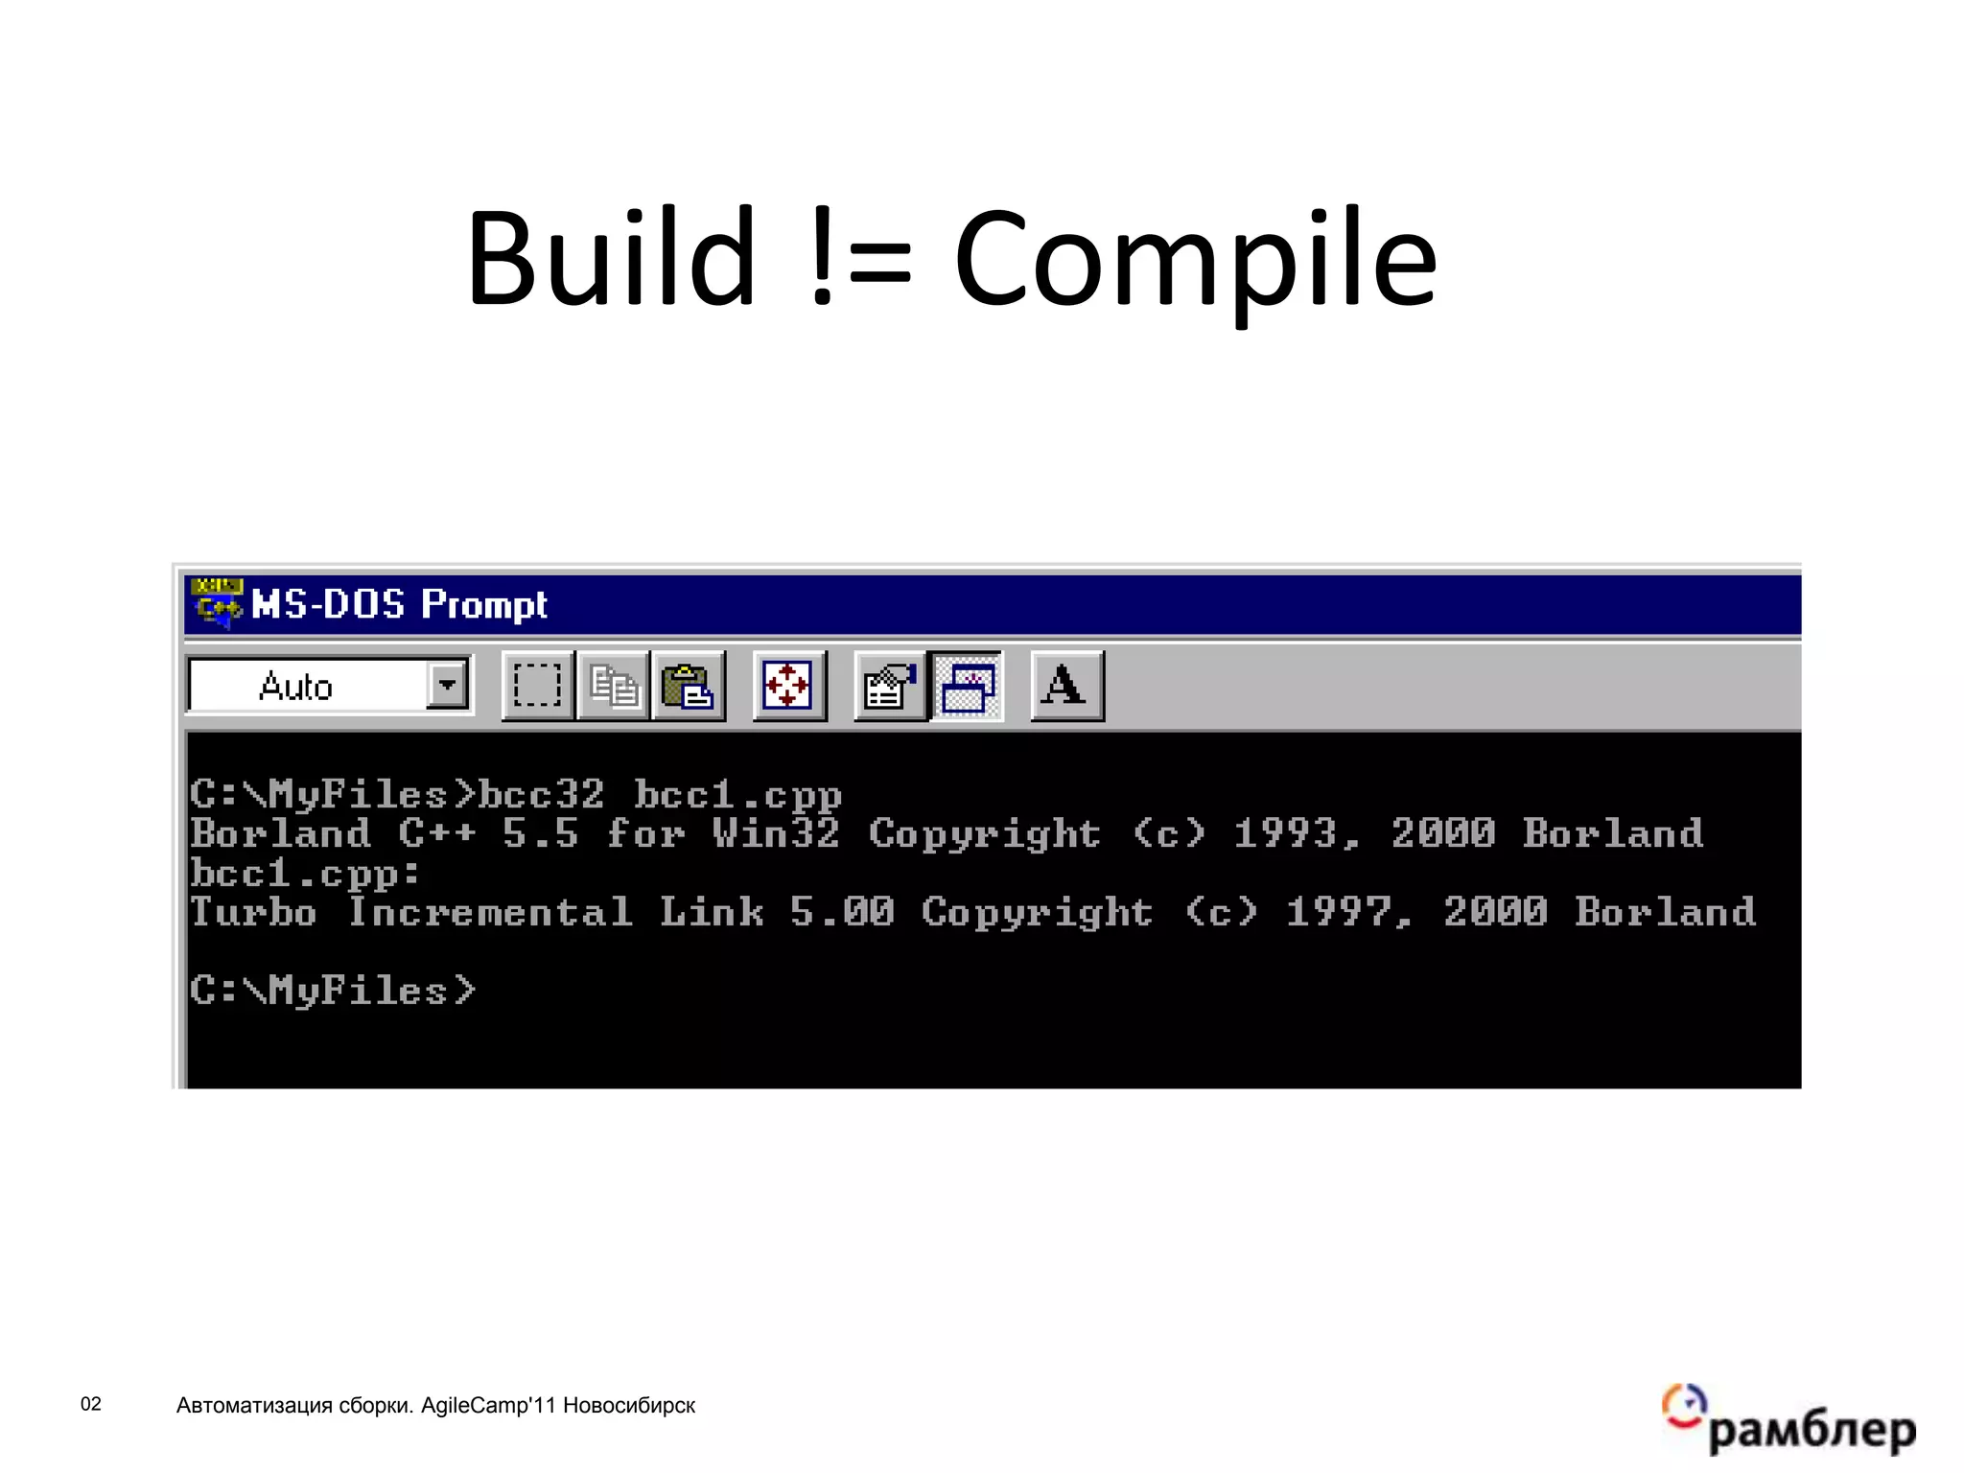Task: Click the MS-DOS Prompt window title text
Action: coord(398,604)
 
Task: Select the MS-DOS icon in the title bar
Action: coord(217,602)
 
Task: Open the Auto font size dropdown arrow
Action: coord(447,685)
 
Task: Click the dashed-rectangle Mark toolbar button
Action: coord(537,686)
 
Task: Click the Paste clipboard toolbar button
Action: coord(688,686)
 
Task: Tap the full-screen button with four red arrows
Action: coord(788,686)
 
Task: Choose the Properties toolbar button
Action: coord(889,686)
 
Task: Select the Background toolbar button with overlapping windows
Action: coord(967,686)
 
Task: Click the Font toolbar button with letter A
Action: coord(1065,686)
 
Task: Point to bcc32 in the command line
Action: coord(541,795)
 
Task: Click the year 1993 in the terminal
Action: coord(1285,833)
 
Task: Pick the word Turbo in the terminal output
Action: coord(253,911)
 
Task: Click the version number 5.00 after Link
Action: coord(842,911)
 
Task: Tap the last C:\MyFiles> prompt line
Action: coord(332,990)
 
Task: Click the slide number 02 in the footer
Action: coord(91,1404)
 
